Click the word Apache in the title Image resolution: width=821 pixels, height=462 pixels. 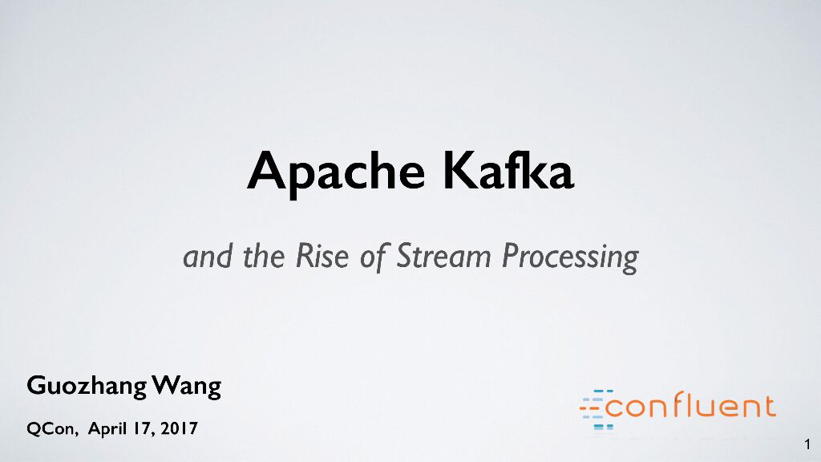pyautogui.click(x=335, y=171)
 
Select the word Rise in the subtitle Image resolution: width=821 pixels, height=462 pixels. pyautogui.click(x=324, y=257)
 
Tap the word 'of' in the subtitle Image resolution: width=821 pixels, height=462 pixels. pyautogui.click(x=374, y=257)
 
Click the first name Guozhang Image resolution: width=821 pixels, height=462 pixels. pyautogui.click(x=87, y=387)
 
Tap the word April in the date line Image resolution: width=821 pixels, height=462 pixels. pyautogui.click(x=107, y=430)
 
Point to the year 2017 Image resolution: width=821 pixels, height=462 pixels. pyautogui.click(x=180, y=429)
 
